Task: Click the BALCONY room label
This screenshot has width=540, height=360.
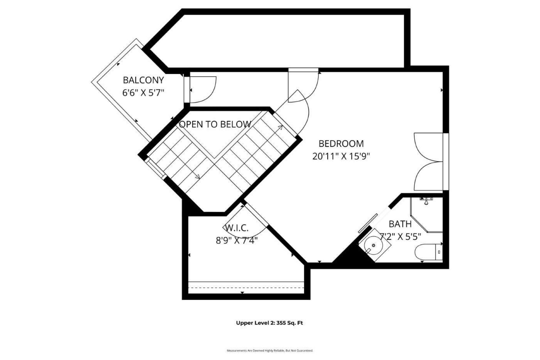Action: (x=143, y=80)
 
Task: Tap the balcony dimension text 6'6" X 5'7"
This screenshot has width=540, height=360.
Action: (x=143, y=93)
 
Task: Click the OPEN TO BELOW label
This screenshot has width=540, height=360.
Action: (x=215, y=124)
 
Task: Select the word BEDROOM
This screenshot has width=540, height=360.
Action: (x=341, y=144)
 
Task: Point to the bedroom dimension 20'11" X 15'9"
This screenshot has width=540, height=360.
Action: (x=341, y=156)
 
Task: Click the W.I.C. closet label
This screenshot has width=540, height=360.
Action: (x=237, y=228)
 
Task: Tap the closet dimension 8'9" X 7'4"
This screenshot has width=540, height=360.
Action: (x=237, y=240)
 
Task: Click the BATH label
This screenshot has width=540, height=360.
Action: (x=400, y=224)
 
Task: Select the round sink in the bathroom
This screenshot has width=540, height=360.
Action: (x=373, y=245)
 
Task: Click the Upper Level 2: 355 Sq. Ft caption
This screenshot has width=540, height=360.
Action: (x=269, y=323)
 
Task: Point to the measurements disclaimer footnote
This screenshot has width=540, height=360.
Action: (x=270, y=350)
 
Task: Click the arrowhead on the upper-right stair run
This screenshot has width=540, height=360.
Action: (x=280, y=127)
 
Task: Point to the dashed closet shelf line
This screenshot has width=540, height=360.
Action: (x=246, y=287)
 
